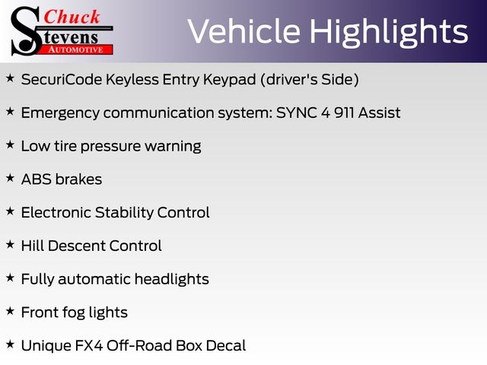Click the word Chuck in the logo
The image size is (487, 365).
point(72,17)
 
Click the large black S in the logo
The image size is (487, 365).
point(26,31)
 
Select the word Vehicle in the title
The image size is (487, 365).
point(244,31)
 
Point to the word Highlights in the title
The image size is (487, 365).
point(389,33)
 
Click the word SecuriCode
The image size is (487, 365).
point(62,79)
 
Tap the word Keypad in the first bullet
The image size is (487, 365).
point(230,80)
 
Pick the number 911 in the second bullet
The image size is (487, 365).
point(344,113)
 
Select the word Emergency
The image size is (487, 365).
point(60,113)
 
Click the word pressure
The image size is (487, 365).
point(110,147)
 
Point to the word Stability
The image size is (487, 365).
point(124,213)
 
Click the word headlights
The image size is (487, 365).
point(172,279)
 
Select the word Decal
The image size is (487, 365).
point(226,346)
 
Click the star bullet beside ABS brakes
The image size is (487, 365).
point(10,178)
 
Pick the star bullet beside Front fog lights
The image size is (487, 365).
point(10,311)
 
